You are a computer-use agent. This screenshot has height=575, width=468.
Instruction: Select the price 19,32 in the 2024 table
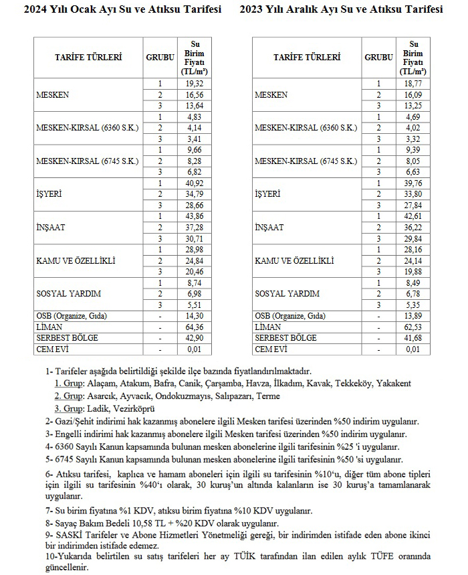coord(195,84)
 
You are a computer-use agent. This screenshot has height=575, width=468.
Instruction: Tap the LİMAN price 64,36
coord(195,327)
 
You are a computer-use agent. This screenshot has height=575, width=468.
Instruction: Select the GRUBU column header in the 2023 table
coord(379,58)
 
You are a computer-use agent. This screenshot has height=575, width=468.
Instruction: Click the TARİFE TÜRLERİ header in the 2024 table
coord(88,58)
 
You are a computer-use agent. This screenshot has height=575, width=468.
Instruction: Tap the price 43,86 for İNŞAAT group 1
coord(195,216)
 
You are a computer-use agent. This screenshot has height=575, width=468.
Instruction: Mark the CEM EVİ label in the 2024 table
coord(51,349)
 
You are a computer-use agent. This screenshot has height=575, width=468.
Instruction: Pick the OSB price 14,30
coord(195,315)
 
